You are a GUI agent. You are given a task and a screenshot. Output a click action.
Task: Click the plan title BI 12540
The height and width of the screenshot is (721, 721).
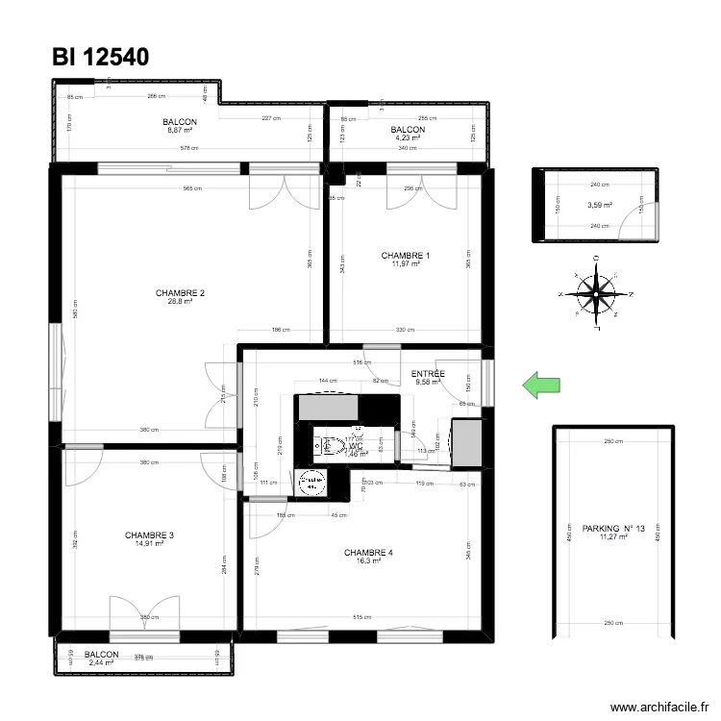click(x=101, y=57)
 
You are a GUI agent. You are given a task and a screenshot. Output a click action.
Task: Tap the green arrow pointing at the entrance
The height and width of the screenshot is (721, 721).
click(x=540, y=385)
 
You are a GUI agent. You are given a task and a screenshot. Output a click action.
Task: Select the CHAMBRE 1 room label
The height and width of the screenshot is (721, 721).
click(x=406, y=256)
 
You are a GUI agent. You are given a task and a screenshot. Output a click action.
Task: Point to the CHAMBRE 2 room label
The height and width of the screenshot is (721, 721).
click(x=181, y=293)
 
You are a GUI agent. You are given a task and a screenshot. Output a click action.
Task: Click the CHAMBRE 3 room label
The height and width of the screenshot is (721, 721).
click(x=149, y=535)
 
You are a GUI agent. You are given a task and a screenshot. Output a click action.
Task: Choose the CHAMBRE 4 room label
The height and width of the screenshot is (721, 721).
click(x=368, y=553)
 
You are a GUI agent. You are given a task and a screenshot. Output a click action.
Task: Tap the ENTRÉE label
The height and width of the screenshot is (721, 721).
click(x=428, y=374)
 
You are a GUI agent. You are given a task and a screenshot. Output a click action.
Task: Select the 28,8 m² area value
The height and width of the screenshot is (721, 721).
click(x=181, y=302)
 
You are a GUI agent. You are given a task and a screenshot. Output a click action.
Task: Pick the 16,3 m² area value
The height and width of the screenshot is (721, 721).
click(x=368, y=561)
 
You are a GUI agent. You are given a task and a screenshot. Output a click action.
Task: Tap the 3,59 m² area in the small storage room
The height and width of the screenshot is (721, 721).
click(x=599, y=204)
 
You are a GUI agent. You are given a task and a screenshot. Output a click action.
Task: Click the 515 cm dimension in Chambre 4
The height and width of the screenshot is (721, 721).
click(x=361, y=617)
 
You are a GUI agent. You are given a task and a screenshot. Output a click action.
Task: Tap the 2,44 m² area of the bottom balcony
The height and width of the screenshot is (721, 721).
click(x=101, y=662)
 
